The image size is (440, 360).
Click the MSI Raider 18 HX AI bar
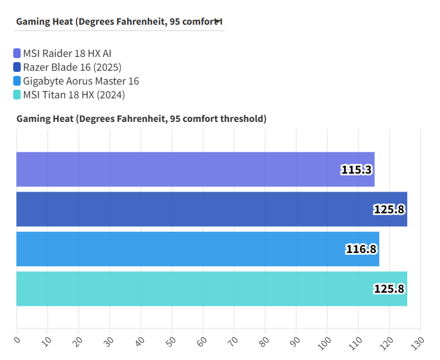pyautogui.click(x=195, y=170)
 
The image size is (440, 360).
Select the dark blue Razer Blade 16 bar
pyautogui.click(x=211, y=209)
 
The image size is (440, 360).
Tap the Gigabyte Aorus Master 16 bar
pyautogui.click(x=197, y=249)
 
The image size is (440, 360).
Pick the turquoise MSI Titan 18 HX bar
pyautogui.click(x=211, y=289)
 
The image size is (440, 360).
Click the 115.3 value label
pyautogui.click(x=356, y=170)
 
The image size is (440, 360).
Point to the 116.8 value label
pyautogui.click(x=361, y=249)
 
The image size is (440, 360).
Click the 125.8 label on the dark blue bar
pyautogui.click(x=389, y=209)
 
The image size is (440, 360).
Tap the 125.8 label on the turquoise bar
pyautogui.click(x=389, y=289)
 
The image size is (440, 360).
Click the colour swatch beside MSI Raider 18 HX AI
pyautogui.click(x=17, y=53)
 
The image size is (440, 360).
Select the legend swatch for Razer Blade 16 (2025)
pyautogui.click(x=17, y=67)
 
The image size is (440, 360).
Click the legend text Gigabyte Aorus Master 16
pyautogui.click(x=81, y=81)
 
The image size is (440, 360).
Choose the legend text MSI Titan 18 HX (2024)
pyautogui.click(x=74, y=95)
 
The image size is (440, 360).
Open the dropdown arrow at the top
pyautogui.click(x=217, y=21)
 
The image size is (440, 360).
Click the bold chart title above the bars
pyautogui.click(x=141, y=119)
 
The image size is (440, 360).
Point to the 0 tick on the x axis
pyautogui.click(x=17, y=340)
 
